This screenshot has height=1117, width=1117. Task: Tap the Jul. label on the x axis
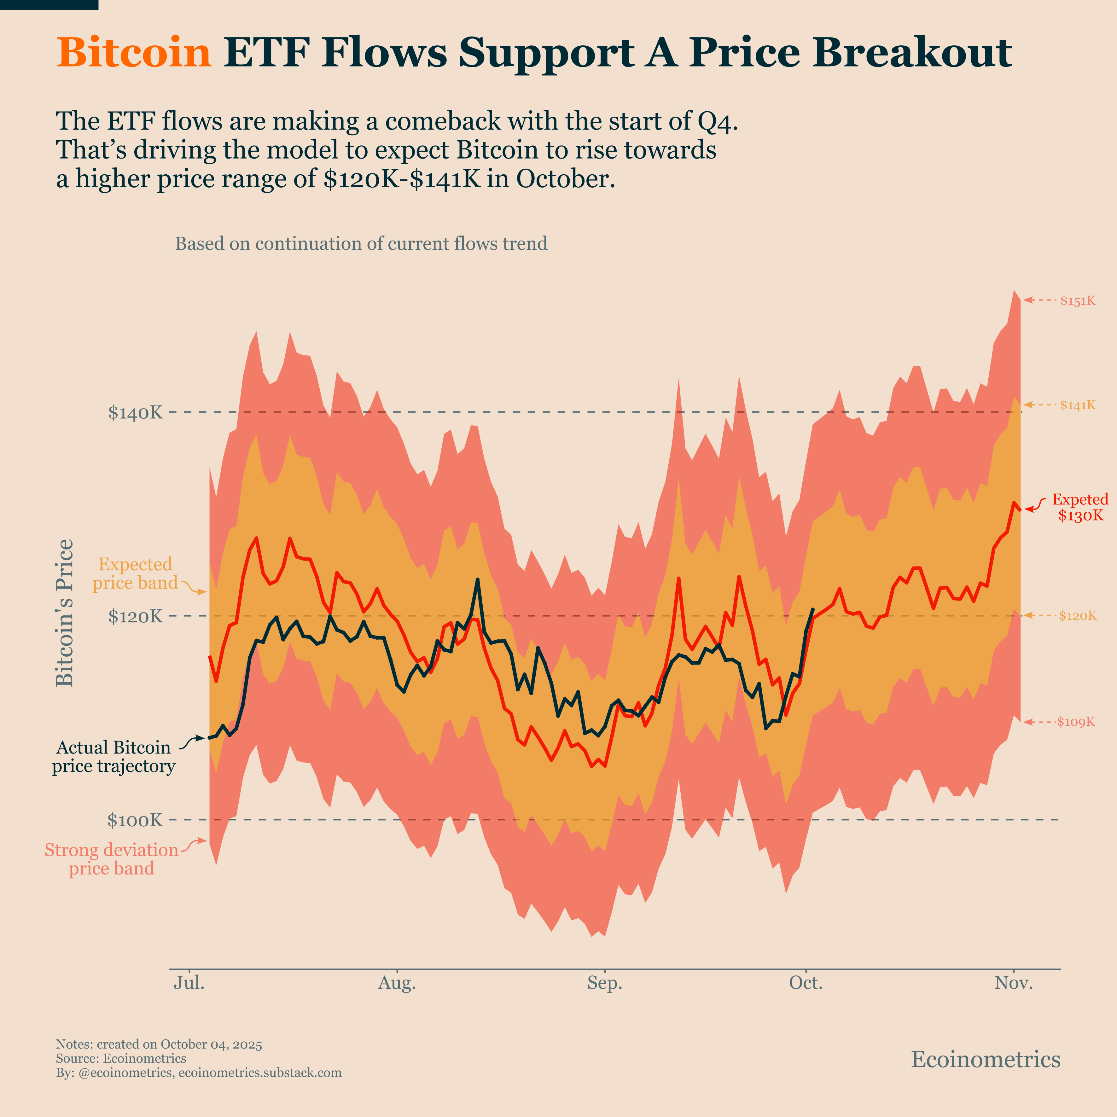[x=189, y=983]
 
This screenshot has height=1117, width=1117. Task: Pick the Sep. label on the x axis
[x=605, y=983]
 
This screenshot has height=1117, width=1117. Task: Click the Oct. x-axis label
[x=806, y=983]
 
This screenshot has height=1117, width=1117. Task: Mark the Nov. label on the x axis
[x=1014, y=983]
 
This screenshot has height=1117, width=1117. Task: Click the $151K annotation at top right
[x=1078, y=301]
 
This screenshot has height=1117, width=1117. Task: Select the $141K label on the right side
[x=1078, y=405]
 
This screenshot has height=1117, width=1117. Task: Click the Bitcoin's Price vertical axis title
[x=65, y=613]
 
